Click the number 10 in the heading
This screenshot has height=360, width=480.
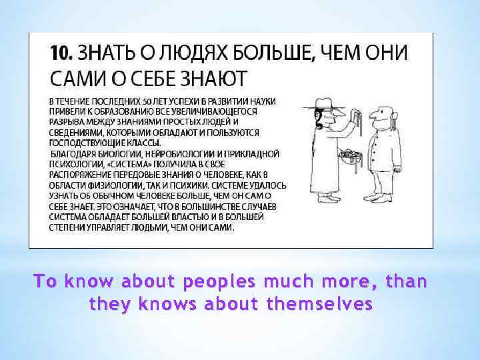59,53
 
